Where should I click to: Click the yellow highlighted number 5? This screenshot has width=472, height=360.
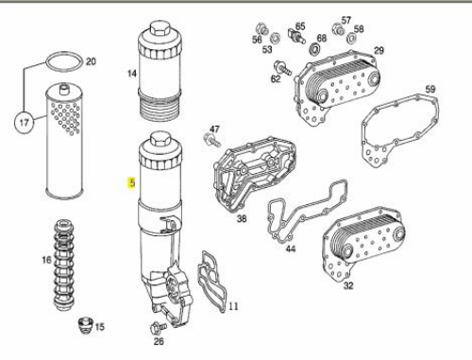tap(131, 182)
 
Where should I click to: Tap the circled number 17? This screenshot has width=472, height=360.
tap(25, 122)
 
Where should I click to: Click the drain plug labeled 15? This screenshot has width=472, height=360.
tap(85, 326)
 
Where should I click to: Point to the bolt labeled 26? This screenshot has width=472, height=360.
tap(159, 328)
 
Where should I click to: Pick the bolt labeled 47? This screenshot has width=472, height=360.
tap(211, 140)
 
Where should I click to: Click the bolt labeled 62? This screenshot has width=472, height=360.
tap(282, 68)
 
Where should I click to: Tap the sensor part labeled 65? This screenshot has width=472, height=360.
tap(296, 36)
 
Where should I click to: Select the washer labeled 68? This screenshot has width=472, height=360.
tap(314, 48)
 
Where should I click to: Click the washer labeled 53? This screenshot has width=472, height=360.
tap(276, 38)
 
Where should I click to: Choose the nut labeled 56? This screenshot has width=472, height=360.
tap(261, 28)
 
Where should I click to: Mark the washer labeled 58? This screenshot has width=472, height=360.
tap(351, 39)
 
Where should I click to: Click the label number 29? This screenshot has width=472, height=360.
tap(379, 50)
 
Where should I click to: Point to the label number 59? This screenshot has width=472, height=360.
tap(430, 89)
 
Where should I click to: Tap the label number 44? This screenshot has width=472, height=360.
tap(291, 249)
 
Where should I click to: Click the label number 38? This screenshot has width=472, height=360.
tap(242, 218)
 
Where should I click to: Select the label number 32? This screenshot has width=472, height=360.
tap(348, 285)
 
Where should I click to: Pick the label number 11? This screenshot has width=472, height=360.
tap(233, 306)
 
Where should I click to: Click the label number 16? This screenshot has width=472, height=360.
tap(46, 260)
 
